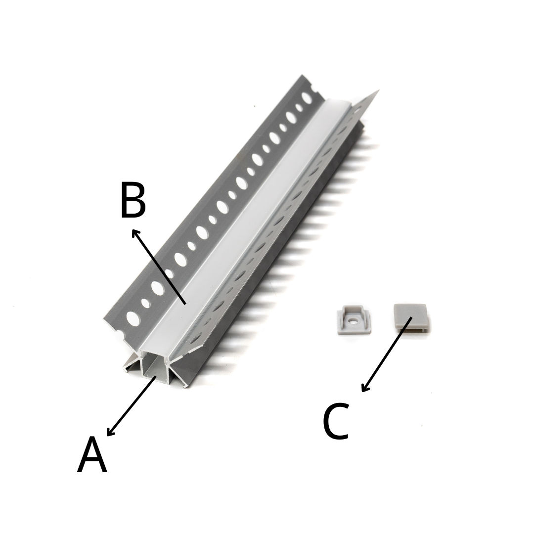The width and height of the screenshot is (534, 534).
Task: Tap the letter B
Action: (x=133, y=200)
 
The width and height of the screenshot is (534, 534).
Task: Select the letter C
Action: (x=336, y=421)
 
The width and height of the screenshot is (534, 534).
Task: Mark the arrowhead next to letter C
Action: (x=365, y=388)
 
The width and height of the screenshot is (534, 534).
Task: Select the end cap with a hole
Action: (x=353, y=319)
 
